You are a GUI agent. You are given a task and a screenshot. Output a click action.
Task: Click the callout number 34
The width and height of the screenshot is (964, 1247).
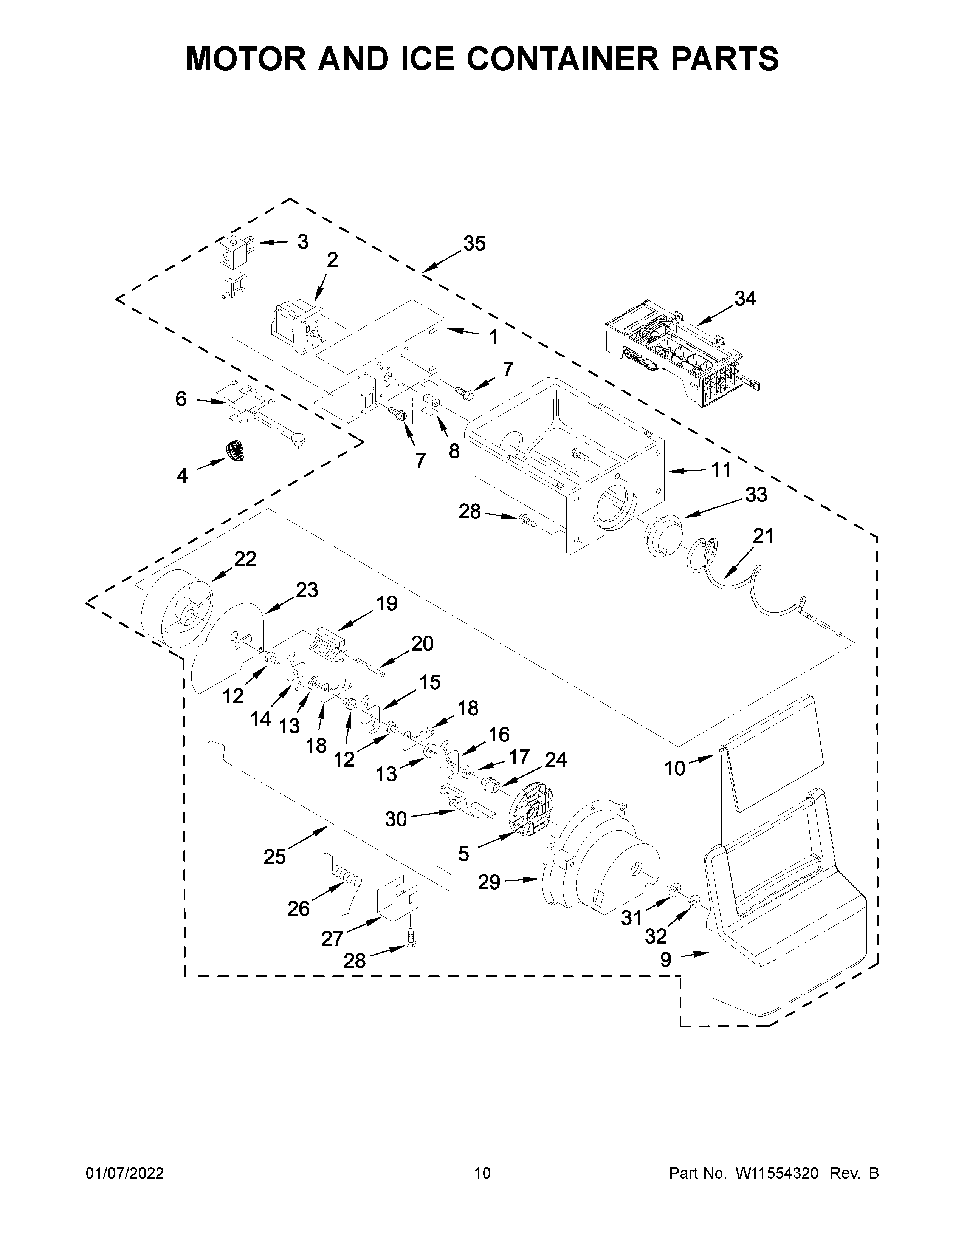745,298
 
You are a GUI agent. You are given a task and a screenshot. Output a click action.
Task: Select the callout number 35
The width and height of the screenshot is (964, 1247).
474,244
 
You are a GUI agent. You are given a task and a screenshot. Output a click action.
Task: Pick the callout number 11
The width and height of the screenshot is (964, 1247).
721,470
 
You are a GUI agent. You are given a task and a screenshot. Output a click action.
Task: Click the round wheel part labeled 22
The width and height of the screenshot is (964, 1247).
177,611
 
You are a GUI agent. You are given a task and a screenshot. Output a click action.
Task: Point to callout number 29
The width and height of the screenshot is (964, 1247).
490,882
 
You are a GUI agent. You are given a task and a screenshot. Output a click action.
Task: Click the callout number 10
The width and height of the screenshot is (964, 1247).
674,769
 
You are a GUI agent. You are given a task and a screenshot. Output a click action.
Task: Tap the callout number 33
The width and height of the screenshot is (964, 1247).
756,495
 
